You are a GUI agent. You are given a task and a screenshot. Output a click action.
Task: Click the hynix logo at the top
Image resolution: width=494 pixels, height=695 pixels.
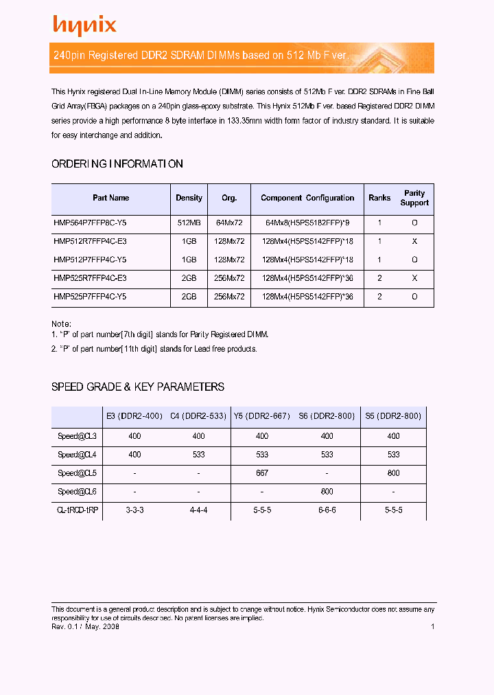[x=85, y=25]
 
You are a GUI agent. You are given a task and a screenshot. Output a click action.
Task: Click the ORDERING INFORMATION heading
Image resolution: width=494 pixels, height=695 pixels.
[x=117, y=164]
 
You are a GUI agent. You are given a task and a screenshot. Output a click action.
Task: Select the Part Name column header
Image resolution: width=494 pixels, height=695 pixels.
[x=111, y=198]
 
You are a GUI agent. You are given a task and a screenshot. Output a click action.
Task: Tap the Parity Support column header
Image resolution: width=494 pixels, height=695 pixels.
[x=414, y=198]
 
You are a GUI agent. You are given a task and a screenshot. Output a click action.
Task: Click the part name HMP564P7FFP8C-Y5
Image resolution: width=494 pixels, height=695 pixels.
[x=90, y=223]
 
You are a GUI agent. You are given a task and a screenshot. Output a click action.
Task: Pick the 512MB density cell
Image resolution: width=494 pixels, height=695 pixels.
[x=189, y=223]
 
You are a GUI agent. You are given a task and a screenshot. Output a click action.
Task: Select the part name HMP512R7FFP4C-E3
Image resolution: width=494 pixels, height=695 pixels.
[x=90, y=242]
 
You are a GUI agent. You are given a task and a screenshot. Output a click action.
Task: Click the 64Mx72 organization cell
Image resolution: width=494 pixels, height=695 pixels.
[x=229, y=223]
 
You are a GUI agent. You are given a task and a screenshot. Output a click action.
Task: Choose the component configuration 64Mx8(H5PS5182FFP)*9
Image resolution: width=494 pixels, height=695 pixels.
[x=307, y=223]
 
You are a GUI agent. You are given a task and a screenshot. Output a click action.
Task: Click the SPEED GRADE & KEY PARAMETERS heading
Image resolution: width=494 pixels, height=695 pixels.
[x=138, y=387]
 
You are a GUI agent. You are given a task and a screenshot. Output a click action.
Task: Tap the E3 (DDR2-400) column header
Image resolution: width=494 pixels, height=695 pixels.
[x=134, y=416]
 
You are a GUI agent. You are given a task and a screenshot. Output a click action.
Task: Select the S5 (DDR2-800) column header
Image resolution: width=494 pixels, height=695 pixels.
[x=393, y=416]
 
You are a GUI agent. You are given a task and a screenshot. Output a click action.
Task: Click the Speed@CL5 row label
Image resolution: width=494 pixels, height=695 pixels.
[x=78, y=473]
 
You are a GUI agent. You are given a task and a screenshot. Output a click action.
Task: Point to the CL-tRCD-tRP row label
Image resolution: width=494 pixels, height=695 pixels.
[x=78, y=510]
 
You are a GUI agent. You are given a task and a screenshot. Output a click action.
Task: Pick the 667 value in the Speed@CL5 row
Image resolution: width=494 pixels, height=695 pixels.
[x=262, y=473]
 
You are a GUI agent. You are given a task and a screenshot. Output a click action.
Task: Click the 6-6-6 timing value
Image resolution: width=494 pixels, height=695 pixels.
[x=327, y=510]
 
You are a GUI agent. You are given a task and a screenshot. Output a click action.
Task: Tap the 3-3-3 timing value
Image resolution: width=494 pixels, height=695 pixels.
[x=134, y=510]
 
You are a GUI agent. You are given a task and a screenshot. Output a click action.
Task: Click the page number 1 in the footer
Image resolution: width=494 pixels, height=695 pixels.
[x=433, y=626]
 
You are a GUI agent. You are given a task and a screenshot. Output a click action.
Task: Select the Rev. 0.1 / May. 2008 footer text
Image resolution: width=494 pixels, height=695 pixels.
[x=86, y=626]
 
